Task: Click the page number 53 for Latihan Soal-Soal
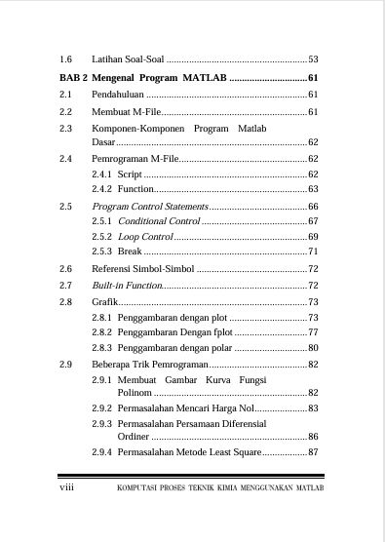coord(313,59)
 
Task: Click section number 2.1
coord(65,95)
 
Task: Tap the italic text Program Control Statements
coord(150,207)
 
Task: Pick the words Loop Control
coord(144,237)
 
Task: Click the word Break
coord(130,252)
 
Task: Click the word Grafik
coord(104,302)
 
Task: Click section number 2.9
coord(65,364)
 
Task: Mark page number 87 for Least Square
coord(313,452)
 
